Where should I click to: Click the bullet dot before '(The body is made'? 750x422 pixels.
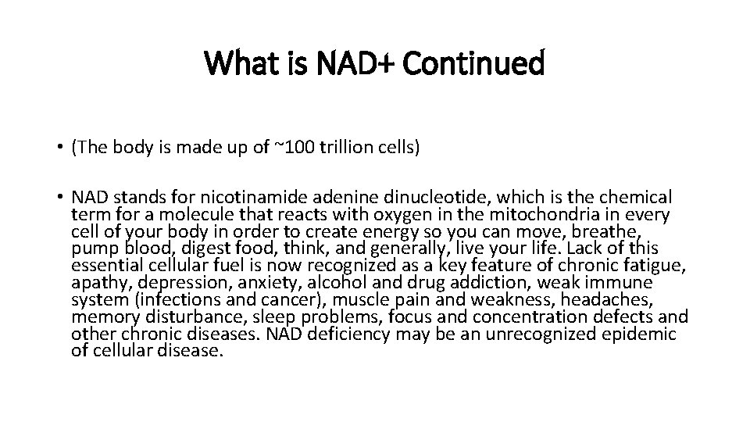[59, 148]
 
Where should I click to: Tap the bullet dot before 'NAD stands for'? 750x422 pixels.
[59, 197]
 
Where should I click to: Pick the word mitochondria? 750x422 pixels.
[522, 214]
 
